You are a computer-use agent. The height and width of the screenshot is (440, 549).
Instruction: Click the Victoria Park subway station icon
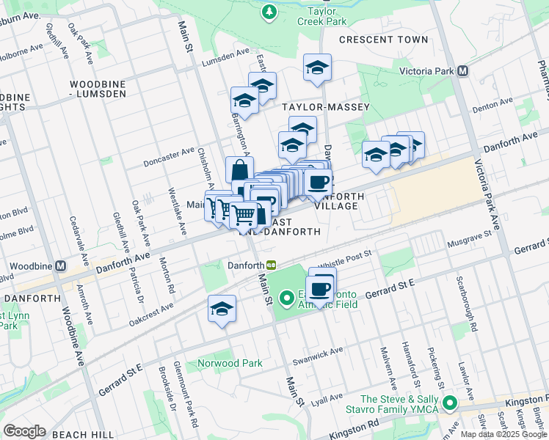tap(462, 71)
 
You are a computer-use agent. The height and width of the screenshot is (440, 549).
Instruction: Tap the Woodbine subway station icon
tap(61, 265)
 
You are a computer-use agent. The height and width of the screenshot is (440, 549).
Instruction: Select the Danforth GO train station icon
tap(272, 265)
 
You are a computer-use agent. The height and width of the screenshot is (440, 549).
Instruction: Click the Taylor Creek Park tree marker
tap(269, 12)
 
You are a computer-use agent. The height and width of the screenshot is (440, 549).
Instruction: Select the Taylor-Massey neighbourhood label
tap(327, 107)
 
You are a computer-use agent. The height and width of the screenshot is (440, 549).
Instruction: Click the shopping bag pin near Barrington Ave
tap(239, 171)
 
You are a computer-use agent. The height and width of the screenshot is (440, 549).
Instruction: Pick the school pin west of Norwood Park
tap(221, 309)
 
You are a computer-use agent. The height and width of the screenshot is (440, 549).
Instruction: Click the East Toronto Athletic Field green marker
tap(287, 298)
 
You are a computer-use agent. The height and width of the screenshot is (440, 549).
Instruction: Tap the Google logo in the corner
tap(24, 431)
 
